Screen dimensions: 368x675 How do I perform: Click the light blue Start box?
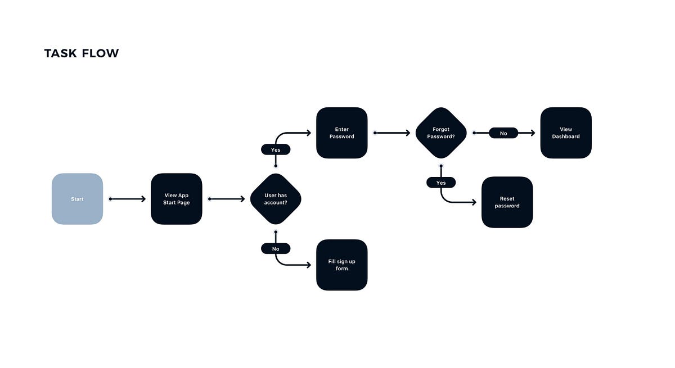coord(77,199)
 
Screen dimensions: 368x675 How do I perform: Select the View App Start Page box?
coord(176,199)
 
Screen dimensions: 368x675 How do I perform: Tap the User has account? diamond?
coord(276,199)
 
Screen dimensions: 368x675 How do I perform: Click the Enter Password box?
coord(341,133)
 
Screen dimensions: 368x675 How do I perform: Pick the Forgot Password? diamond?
coord(441,133)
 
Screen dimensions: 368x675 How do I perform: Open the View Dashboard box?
coord(565,133)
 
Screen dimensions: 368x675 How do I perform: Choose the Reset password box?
coord(507,202)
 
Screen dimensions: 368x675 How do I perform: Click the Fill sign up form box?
coord(341,265)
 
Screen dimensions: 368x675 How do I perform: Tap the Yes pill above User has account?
coord(276,149)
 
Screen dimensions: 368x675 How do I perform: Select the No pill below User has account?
coord(276,248)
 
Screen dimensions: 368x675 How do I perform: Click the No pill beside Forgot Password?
coord(503,133)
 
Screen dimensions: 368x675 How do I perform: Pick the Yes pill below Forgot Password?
coord(441,183)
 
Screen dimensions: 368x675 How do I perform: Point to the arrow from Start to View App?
coord(128,199)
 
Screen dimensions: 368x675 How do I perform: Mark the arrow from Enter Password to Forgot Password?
coord(392,133)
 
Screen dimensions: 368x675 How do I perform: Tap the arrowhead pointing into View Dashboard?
coord(532,133)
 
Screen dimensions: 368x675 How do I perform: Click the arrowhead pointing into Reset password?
coord(473,202)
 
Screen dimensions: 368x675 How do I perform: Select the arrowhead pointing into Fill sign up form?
coord(308,265)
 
